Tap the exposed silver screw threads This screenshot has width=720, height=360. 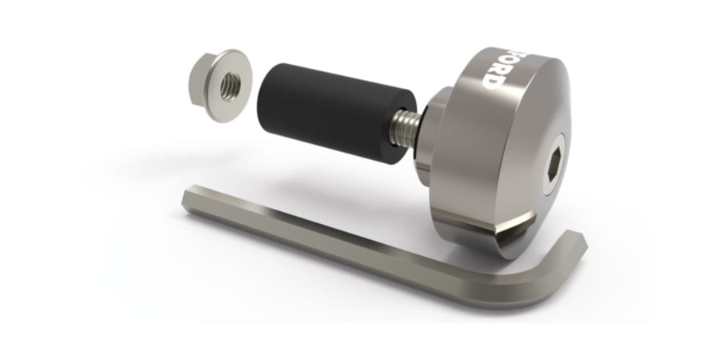[404, 129]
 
